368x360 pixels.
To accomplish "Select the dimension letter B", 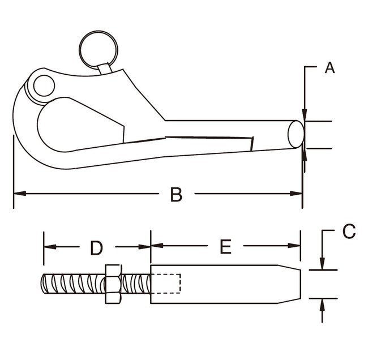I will coord(176,195).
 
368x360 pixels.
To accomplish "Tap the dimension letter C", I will coord(349,231).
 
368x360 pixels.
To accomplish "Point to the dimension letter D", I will coord(96,247).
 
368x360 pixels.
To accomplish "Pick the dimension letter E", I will coord(225,247).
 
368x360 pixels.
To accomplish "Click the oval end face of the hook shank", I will coord(296,134).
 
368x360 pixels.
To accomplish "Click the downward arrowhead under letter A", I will coord(304,115).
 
